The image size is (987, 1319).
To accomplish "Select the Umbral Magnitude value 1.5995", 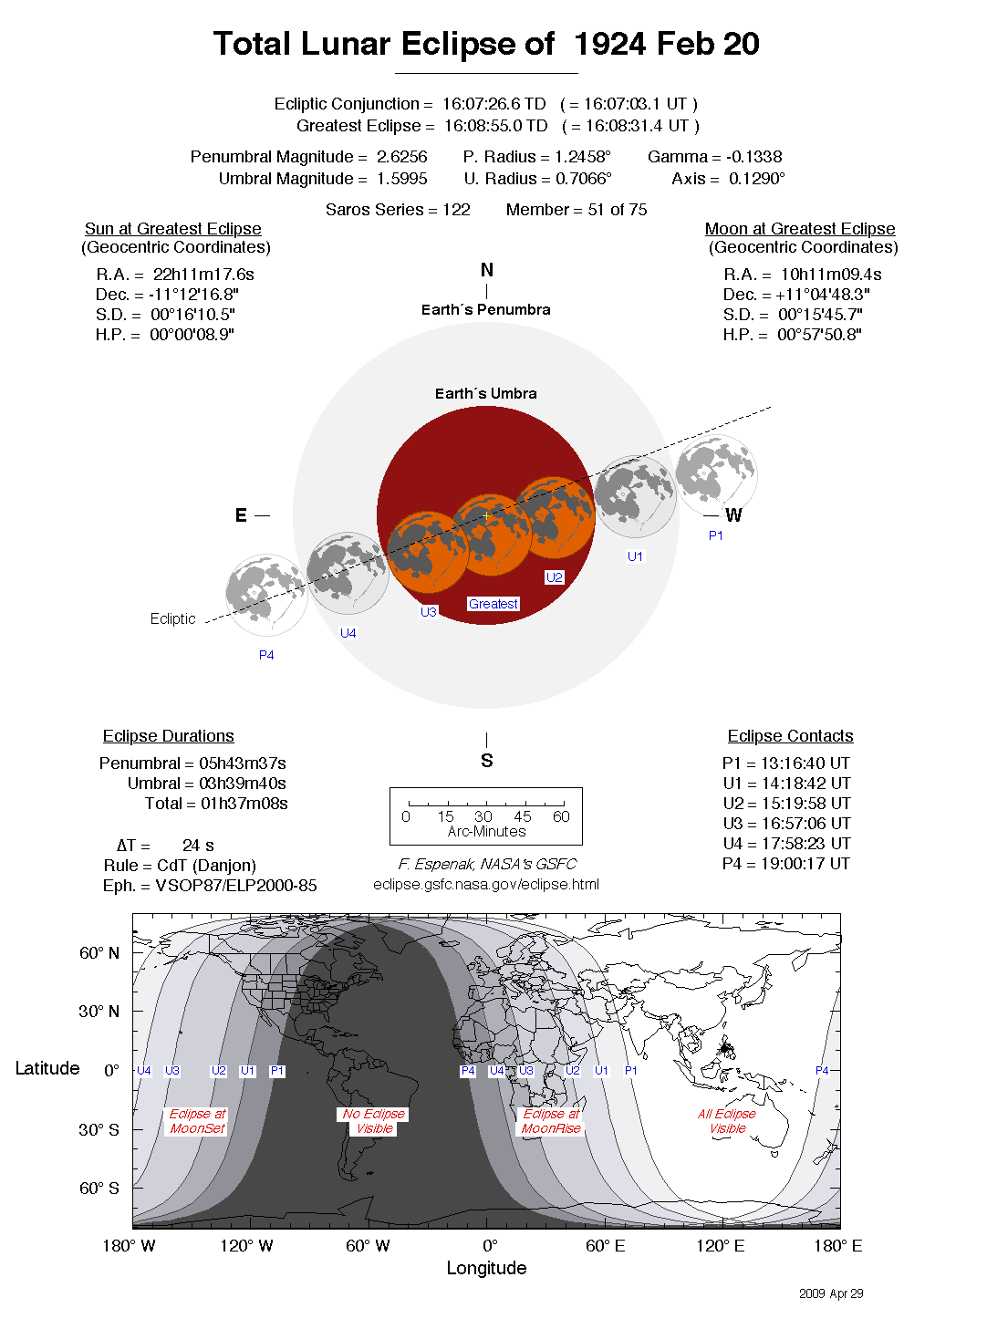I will pos(402,179).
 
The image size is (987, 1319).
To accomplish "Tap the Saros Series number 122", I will pos(456,210).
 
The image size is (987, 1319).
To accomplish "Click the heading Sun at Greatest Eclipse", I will pos(173,229).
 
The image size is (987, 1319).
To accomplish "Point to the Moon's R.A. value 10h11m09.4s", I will pos(831,275).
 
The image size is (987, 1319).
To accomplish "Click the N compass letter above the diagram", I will pos(487,270).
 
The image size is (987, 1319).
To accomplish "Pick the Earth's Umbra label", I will pos(486,393).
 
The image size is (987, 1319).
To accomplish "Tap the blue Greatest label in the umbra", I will pos(493,604).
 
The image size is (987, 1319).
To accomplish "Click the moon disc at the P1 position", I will pos(716,474).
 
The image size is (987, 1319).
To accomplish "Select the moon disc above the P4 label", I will pos(266,595).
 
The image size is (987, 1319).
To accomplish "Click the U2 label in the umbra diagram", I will pos(555,577).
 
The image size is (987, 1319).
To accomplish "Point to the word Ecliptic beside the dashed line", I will pos(173,618).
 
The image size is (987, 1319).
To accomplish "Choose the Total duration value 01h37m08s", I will pos(244,804).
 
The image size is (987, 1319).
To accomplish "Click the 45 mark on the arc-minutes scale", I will pos(523,816).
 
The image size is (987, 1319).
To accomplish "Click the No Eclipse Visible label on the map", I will pos(374,1121).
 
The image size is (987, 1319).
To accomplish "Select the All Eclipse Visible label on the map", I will pos(727,1121).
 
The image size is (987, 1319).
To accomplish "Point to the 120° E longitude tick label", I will pos(720,1246).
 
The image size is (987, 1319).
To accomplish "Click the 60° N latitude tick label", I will pos(99,953).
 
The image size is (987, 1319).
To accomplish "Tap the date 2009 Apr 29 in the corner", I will pos(831,1293).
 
